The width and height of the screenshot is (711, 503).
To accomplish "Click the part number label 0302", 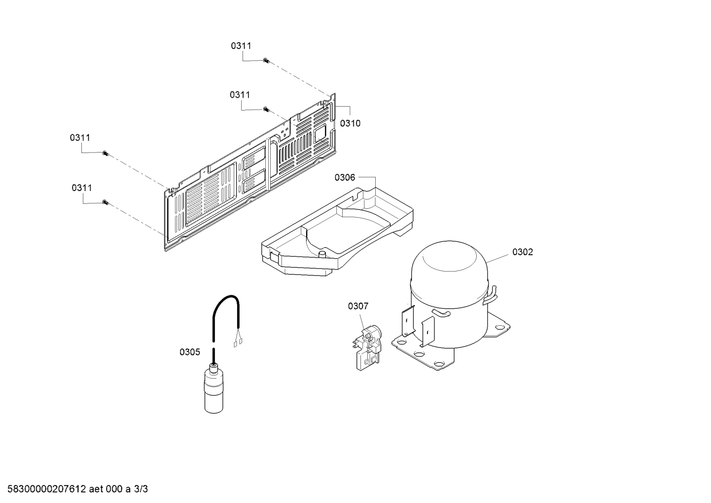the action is coord(523,252).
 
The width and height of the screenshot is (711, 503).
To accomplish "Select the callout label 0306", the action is coord(345,178).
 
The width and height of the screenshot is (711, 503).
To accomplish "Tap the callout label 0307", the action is coord(358,306).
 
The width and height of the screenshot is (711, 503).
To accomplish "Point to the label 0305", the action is coord(190,352).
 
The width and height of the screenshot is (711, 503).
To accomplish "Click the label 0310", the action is coord(350,123).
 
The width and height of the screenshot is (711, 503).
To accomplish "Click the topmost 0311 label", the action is coord(241,46).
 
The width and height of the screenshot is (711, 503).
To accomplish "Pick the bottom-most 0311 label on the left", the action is coord(81,188).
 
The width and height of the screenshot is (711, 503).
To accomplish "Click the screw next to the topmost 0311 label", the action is coord(266,60).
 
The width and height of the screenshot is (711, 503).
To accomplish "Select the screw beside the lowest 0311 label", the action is coord(106,202).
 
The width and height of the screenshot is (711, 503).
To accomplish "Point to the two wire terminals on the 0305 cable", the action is coord(238,343).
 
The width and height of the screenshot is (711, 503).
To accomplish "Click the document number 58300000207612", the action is coord(46,489).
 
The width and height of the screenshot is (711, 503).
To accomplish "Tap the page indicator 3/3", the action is coord(141,489).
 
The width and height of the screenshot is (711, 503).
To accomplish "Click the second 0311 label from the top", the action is coord(240,95).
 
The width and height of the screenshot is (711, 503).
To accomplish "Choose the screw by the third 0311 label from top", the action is coord(106,154).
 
